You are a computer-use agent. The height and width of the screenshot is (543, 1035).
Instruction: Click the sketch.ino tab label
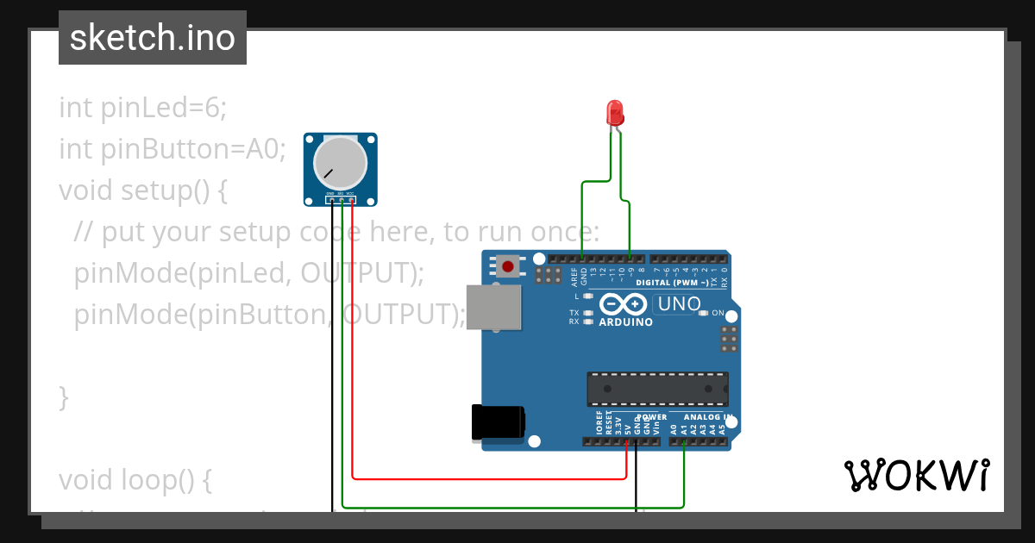(x=153, y=38)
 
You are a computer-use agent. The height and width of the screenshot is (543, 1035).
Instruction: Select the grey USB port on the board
(x=494, y=308)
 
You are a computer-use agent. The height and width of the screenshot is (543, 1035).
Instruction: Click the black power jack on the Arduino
(x=498, y=422)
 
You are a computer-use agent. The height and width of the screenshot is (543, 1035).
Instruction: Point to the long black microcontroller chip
(x=657, y=389)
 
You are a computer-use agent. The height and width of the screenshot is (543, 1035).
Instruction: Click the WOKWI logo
(x=916, y=475)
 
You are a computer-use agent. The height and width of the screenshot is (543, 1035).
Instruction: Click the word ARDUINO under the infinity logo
(x=625, y=322)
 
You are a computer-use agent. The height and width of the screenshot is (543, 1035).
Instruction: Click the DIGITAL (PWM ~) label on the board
(x=672, y=283)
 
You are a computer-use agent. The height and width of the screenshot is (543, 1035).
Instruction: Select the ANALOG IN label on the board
(x=708, y=416)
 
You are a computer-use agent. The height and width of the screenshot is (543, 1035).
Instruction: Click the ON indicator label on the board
(x=718, y=313)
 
